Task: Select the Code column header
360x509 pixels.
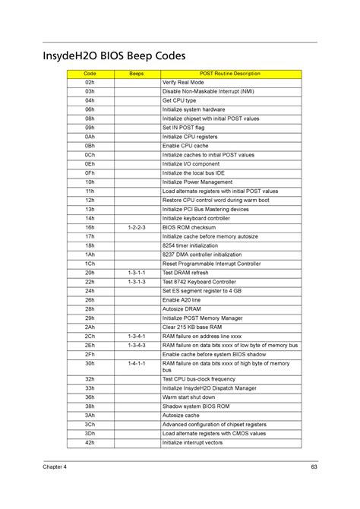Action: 90,74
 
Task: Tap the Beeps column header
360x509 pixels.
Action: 137,74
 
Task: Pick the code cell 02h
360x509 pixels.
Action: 90,82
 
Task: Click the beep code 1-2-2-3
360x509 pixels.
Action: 137,227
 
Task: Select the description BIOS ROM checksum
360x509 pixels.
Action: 189,227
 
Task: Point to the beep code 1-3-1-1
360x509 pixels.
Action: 137,272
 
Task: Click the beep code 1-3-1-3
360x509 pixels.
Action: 137,281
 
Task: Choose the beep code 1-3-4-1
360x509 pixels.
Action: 137,336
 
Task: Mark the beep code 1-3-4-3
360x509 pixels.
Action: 137,345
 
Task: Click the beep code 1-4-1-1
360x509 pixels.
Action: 137,363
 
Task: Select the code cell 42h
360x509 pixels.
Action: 90,442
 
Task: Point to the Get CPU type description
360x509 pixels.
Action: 179,100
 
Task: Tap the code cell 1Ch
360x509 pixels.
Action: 90,263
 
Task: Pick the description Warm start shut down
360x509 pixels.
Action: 189,397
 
